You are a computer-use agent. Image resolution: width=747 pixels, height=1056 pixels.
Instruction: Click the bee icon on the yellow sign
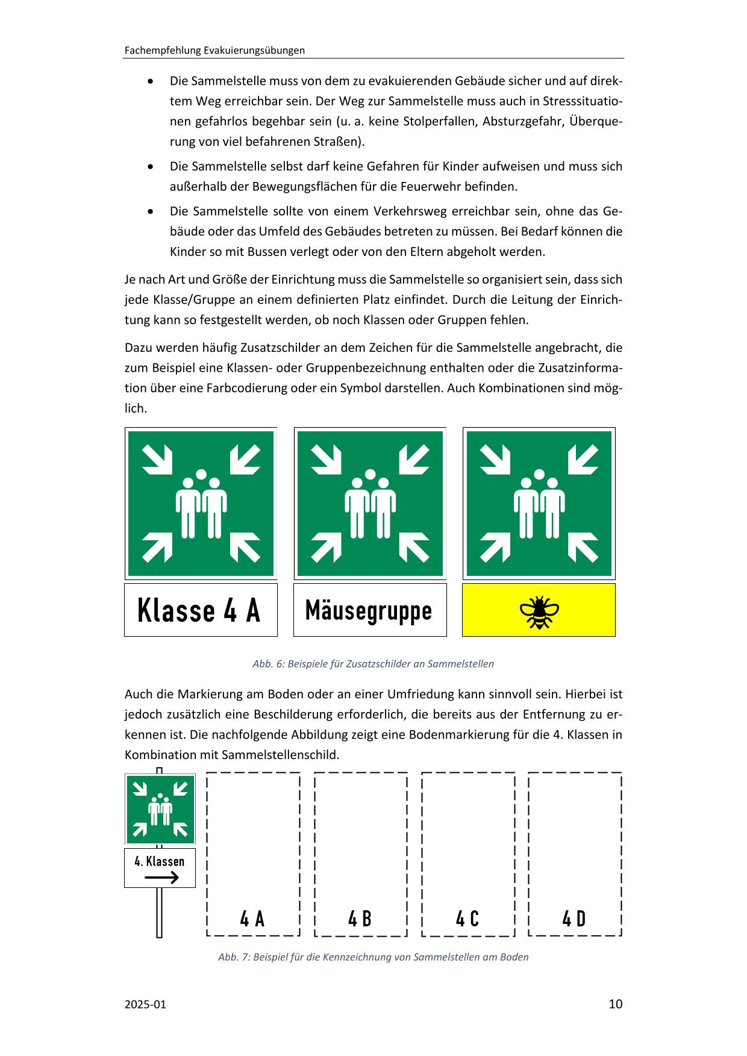539,611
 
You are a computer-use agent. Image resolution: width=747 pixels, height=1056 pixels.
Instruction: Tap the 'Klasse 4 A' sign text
199,610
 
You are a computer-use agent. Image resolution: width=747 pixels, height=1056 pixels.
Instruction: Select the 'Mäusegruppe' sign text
369,610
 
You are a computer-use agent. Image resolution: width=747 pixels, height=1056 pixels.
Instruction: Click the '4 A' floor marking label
252,919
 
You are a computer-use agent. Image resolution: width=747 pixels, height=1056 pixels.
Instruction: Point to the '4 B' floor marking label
360,919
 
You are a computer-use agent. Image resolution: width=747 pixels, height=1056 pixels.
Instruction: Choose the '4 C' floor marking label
467,919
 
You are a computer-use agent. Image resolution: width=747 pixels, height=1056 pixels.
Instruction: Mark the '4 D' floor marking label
574,919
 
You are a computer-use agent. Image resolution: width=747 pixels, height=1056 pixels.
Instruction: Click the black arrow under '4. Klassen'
161,877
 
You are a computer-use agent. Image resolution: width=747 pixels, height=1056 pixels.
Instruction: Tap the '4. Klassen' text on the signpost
159,861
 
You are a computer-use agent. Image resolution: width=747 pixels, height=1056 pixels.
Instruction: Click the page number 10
615,1004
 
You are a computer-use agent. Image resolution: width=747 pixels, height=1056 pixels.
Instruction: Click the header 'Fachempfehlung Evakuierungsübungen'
214,51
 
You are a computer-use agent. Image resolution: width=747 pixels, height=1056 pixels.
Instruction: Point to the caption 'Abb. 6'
373,664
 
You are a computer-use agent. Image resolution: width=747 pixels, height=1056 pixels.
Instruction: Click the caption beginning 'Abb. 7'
373,957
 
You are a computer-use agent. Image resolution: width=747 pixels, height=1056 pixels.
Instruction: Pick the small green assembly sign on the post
160,809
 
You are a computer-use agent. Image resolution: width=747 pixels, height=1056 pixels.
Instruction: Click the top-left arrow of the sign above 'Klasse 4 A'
157,459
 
